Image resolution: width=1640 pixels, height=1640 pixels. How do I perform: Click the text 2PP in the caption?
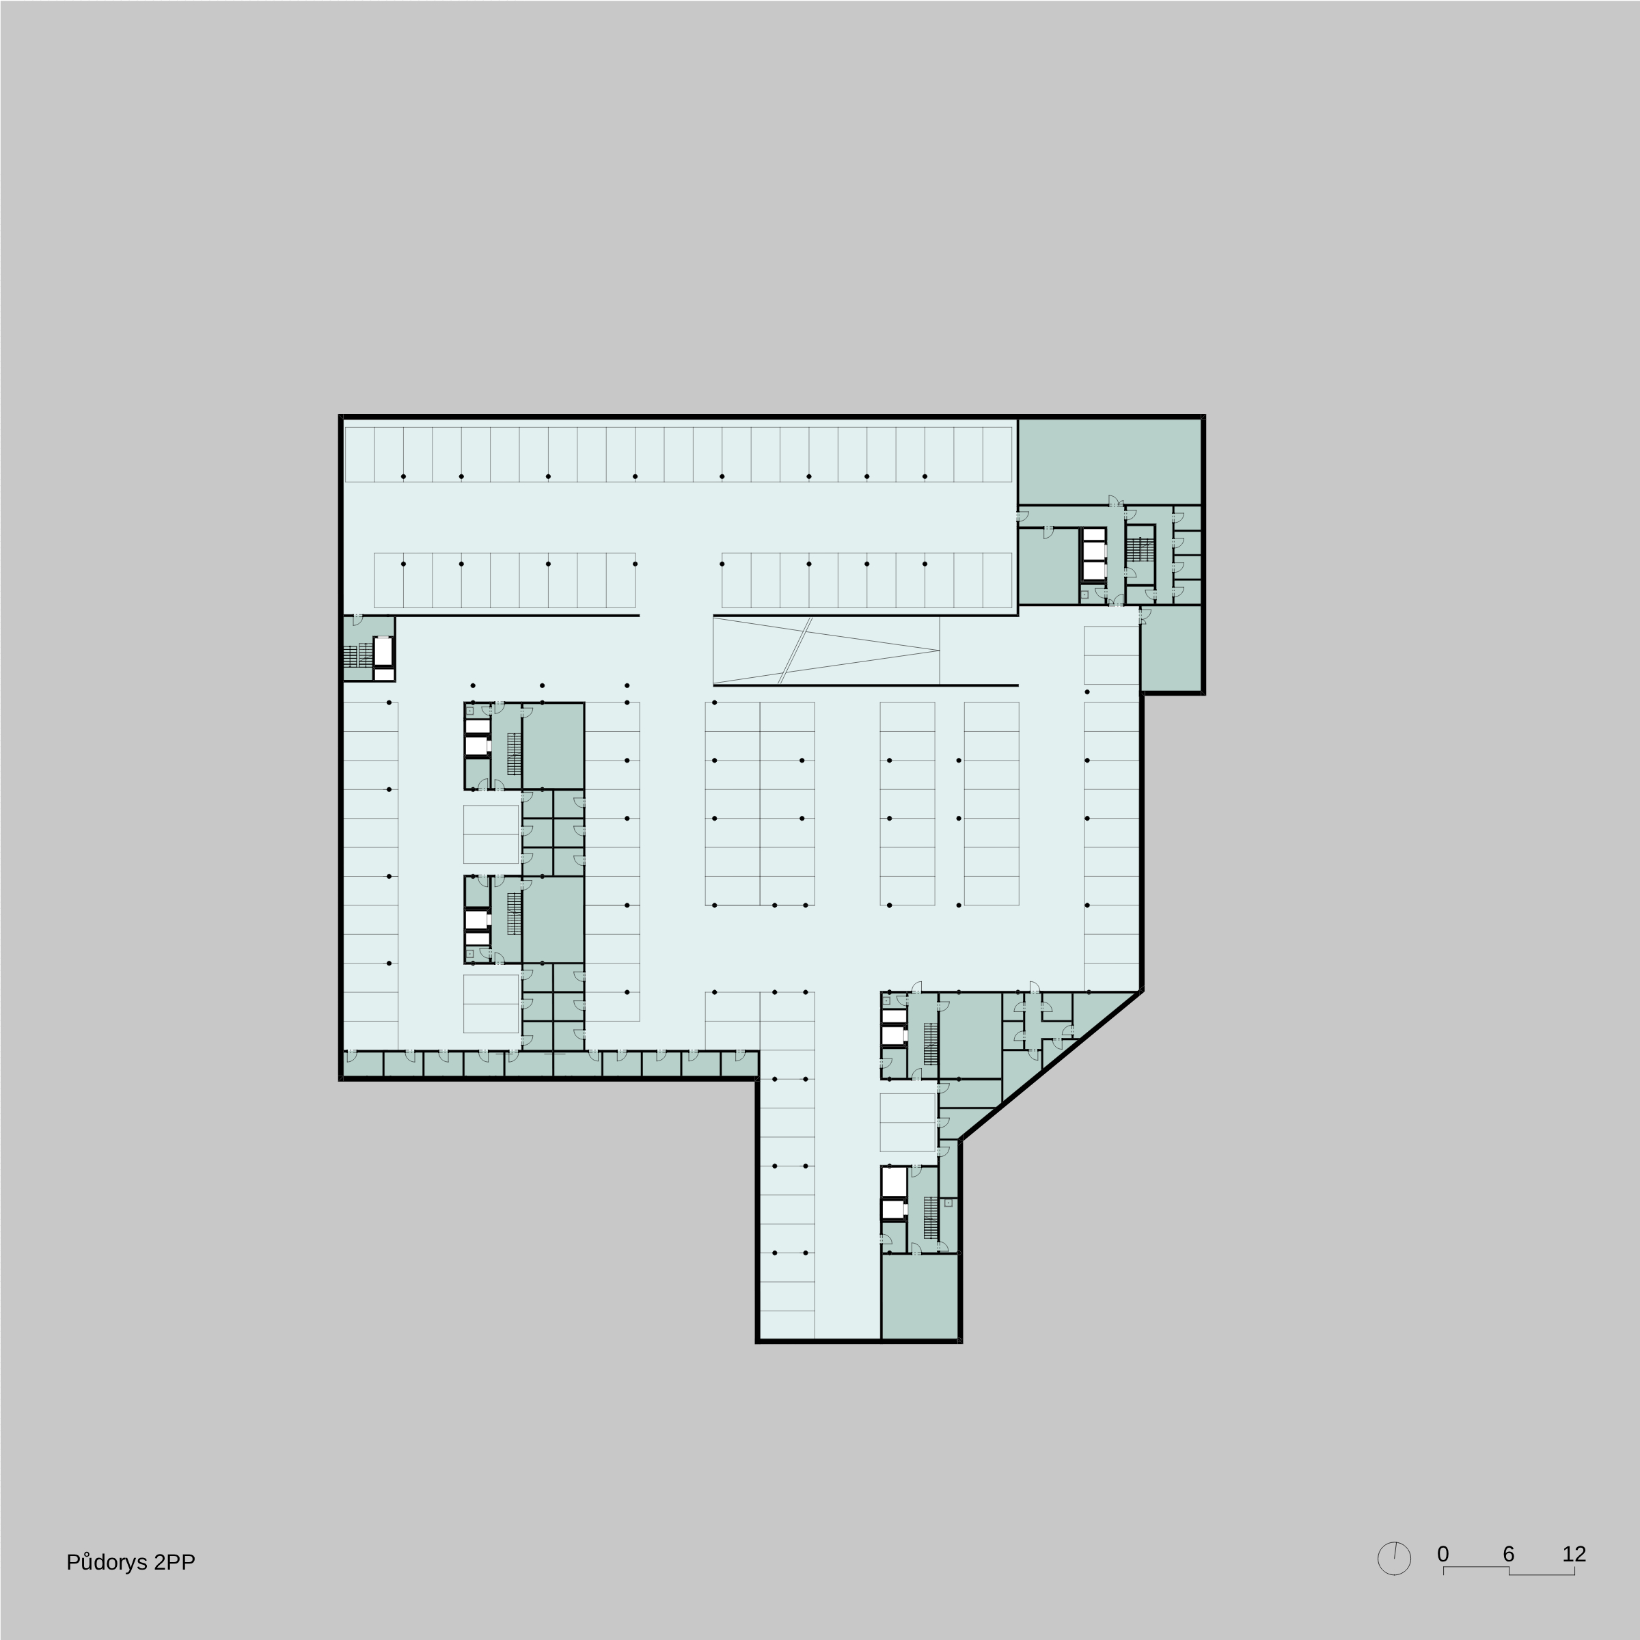175,1563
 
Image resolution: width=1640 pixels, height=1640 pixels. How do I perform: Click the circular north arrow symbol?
1394,1559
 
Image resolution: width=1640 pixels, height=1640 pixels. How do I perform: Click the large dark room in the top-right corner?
1110,461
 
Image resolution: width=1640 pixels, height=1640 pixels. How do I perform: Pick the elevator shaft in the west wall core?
383,651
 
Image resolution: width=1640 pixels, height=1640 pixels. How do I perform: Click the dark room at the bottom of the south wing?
919,1296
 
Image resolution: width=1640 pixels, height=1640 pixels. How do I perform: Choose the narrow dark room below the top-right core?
1171,648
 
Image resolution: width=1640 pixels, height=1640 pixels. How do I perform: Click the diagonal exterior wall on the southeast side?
1051,1065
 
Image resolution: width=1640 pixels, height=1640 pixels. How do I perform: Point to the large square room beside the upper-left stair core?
553,746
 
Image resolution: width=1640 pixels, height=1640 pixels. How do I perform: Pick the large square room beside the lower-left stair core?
553,919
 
